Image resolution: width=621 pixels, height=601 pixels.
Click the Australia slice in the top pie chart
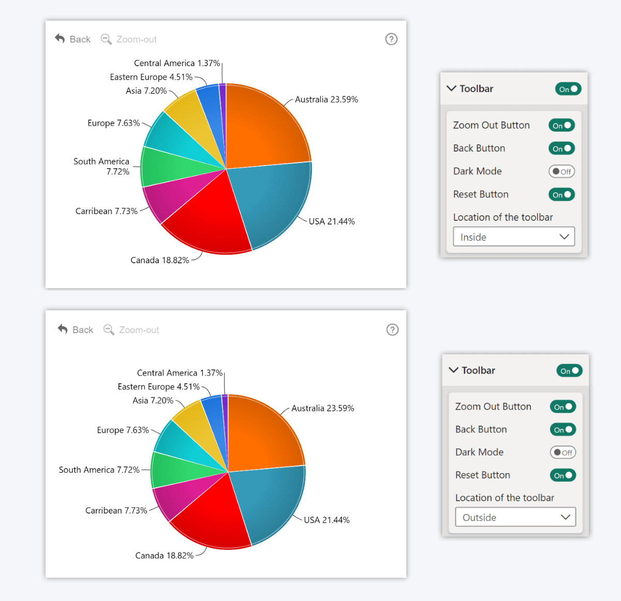(x=264, y=129)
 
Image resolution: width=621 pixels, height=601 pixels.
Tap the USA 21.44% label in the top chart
(x=332, y=221)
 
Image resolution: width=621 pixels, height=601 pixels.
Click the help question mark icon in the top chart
(x=391, y=39)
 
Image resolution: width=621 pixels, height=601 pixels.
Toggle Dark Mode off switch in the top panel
(x=561, y=171)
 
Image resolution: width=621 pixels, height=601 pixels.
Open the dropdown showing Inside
(x=513, y=237)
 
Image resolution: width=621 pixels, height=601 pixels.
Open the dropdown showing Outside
(x=515, y=517)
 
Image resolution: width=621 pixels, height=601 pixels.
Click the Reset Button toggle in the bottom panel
(x=563, y=475)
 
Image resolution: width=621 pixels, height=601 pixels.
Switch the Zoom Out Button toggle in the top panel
(x=561, y=125)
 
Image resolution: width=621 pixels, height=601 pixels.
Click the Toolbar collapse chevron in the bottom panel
(x=454, y=370)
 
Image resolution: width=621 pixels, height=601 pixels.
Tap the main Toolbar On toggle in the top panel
(x=568, y=89)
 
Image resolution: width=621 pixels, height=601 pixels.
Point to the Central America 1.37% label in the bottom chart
(x=180, y=373)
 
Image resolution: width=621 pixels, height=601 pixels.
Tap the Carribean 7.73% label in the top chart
(x=106, y=211)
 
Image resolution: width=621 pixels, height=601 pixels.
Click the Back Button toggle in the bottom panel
(x=563, y=429)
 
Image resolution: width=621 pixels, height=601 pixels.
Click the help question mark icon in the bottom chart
(x=392, y=329)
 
